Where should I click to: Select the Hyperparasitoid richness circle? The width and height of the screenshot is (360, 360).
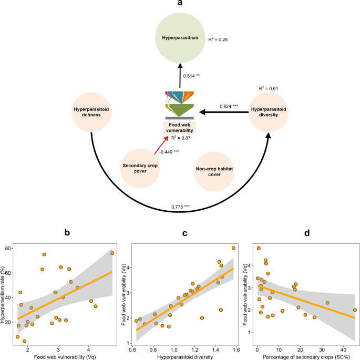[91, 112]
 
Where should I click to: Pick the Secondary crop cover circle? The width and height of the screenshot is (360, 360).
[141, 168]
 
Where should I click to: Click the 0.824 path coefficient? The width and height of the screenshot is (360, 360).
[228, 106]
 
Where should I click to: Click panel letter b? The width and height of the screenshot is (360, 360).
[66, 231]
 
